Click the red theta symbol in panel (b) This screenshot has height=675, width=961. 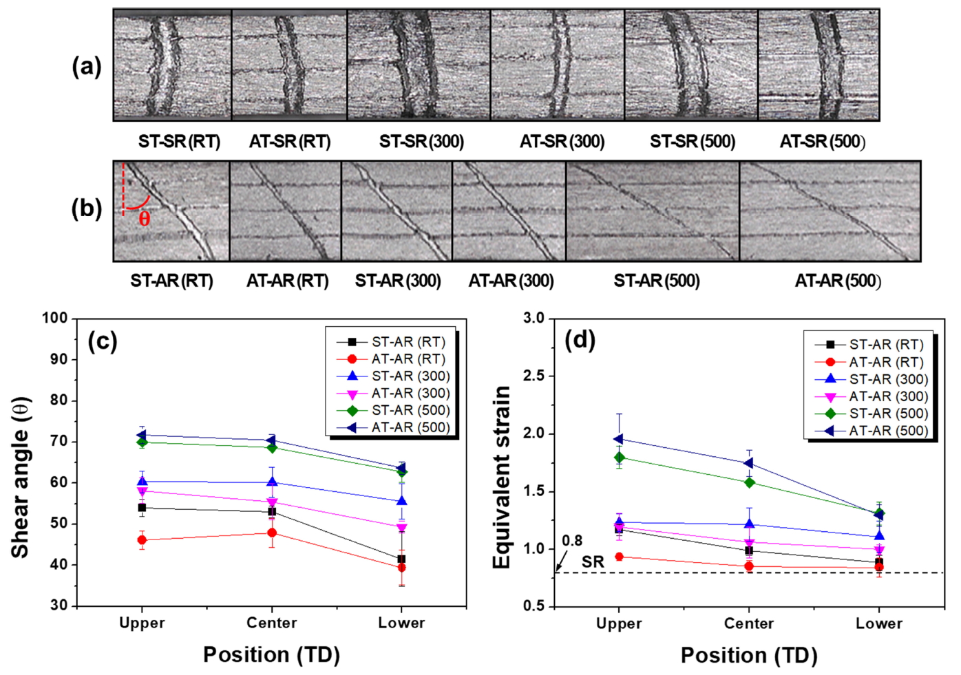pyautogui.click(x=144, y=219)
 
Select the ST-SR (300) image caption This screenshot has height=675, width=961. pyautogui.click(x=421, y=142)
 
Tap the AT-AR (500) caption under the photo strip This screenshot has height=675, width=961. pyautogui.click(x=838, y=281)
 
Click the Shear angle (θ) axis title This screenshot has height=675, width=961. pyautogui.click(x=21, y=478)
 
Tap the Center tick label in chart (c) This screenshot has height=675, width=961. pyautogui.click(x=272, y=623)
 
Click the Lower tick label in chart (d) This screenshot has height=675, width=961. pyautogui.click(x=879, y=623)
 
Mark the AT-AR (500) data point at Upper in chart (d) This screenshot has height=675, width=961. pyautogui.click(x=618, y=439)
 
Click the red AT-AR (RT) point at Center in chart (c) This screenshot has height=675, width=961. pyautogui.click(x=272, y=533)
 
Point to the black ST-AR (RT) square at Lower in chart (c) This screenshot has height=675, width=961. pyautogui.click(x=401, y=559)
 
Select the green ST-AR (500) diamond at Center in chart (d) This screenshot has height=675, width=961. pyautogui.click(x=749, y=482)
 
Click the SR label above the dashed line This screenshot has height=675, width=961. pyautogui.click(x=593, y=561)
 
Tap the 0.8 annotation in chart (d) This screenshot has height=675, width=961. pyautogui.click(x=572, y=541)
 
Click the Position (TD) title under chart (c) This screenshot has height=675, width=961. pyautogui.click(x=271, y=654)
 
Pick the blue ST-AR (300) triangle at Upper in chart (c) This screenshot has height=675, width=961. pyautogui.click(x=142, y=482)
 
